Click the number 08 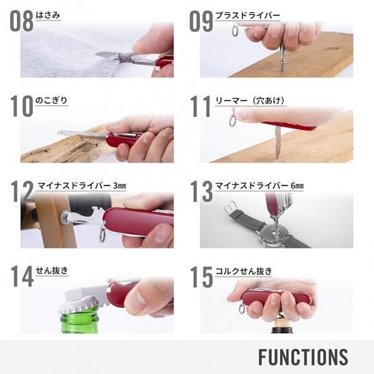tap(22, 21)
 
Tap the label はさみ tap(48, 15)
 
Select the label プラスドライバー tap(248, 16)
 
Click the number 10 tap(22, 106)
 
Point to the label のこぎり tap(52, 101)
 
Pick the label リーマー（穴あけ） tap(250, 101)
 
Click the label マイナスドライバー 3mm tap(82, 186)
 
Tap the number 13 tap(201, 191)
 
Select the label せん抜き tap(52, 271)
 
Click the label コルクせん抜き tap(243, 271)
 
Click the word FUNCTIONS tap(303, 357)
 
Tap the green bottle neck tap(80, 321)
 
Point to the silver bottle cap tap(78, 307)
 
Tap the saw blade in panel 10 tap(82, 134)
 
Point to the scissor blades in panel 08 tap(108, 55)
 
